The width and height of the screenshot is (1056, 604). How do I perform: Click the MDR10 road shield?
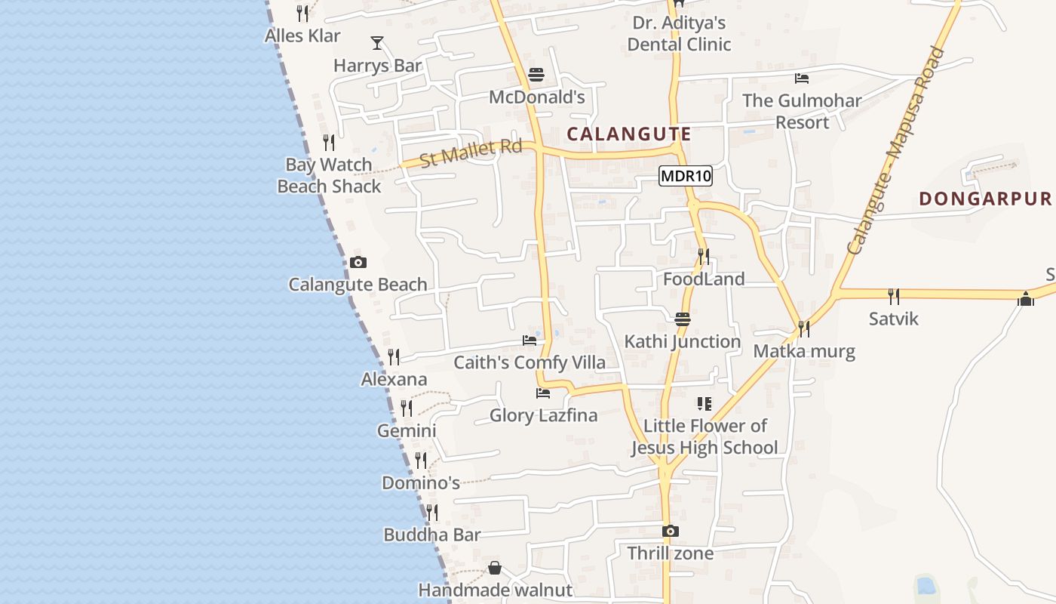(x=686, y=177)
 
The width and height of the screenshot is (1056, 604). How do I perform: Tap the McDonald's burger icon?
(x=536, y=75)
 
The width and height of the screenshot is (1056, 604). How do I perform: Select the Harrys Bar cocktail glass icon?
(x=377, y=43)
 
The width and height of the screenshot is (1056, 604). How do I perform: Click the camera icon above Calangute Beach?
(x=358, y=263)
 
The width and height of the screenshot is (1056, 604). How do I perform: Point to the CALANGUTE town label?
(x=628, y=134)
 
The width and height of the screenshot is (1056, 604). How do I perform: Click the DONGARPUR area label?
(x=984, y=199)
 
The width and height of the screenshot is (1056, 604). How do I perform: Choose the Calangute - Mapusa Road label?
(x=895, y=151)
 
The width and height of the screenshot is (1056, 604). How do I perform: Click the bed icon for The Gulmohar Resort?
(x=802, y=79)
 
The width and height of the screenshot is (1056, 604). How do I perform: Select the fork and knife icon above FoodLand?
(x=704, y=257)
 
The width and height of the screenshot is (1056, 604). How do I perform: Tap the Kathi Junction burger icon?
(x=683, y=319)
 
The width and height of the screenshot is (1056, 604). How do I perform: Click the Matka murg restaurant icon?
(x=804, y=329)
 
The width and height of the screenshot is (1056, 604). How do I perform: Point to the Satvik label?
(x=894, y=319)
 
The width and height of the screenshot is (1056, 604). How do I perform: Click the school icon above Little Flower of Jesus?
(x=705, y=404)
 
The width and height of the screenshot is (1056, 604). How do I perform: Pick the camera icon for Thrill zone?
(x=671, y=532)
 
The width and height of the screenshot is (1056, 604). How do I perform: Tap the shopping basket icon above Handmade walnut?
(x=495, y=568)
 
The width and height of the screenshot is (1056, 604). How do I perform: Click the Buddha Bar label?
(x=432, y=535)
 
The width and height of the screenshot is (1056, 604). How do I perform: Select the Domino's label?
(x=421, y=483)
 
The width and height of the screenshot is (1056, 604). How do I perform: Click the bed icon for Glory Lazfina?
(x=543, y=393)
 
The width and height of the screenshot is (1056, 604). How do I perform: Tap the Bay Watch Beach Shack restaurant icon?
(x=329, y=142)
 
